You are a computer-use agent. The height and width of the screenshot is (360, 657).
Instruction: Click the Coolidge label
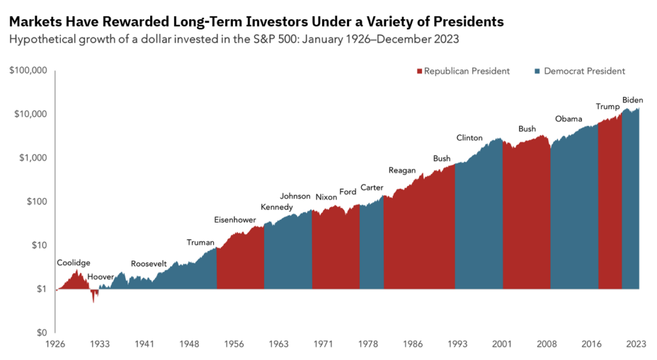(x=73, y=262)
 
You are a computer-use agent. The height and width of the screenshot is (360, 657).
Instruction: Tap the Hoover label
(x=100, y=277)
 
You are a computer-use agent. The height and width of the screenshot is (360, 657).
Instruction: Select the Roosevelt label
(x=149, y=264)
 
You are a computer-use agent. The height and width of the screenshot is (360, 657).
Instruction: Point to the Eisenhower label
(x=235, y=220)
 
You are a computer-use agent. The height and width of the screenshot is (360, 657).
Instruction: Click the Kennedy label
(x=277, y=207)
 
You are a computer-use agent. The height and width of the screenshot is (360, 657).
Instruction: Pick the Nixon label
(x=326, y=197)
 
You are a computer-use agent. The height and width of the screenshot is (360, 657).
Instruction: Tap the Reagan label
(x=402, y=170)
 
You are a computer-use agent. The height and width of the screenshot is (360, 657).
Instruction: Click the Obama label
(x=568, y=119)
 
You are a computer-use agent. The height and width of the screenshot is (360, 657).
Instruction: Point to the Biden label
(x=633, y=100)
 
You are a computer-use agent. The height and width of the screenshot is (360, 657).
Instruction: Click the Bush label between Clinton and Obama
(x=527, y=129)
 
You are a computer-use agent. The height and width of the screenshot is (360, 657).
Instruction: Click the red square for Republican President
(x=420, y=71)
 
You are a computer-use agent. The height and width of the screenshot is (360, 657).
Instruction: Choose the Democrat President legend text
(x=584, y=71)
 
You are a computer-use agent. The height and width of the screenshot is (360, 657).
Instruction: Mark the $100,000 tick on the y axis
(x=29, y=70)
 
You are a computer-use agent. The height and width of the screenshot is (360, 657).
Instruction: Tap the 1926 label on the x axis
(x=56, y=343)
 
